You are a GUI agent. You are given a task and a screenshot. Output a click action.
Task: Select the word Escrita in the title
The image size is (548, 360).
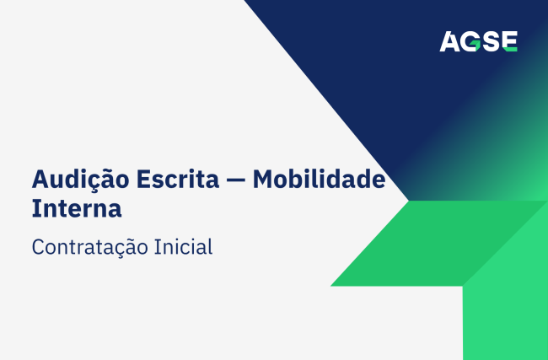178,179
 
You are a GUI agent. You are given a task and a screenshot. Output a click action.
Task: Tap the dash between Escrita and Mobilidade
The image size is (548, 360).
235,180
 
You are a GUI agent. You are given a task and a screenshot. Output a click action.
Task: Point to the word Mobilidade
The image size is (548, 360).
319,179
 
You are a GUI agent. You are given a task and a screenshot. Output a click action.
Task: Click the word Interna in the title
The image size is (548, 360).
77,208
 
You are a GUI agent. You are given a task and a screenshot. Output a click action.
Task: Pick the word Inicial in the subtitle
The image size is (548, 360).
183,246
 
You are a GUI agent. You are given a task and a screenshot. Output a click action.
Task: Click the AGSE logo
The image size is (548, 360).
479,41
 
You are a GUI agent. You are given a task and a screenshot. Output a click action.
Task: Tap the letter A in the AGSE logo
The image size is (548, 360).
450,41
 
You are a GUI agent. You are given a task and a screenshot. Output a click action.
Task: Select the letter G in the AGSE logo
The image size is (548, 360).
470,41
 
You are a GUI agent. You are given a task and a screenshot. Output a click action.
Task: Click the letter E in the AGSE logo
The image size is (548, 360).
510,41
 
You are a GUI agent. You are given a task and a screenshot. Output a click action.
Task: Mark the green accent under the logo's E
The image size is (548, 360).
511,50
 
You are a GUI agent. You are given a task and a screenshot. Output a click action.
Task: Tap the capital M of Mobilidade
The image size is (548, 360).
264,179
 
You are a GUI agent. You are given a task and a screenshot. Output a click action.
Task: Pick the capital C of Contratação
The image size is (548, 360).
39,247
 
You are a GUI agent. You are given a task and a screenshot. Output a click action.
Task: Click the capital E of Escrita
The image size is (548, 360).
143,179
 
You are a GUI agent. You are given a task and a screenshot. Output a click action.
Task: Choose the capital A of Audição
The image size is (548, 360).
41,179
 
